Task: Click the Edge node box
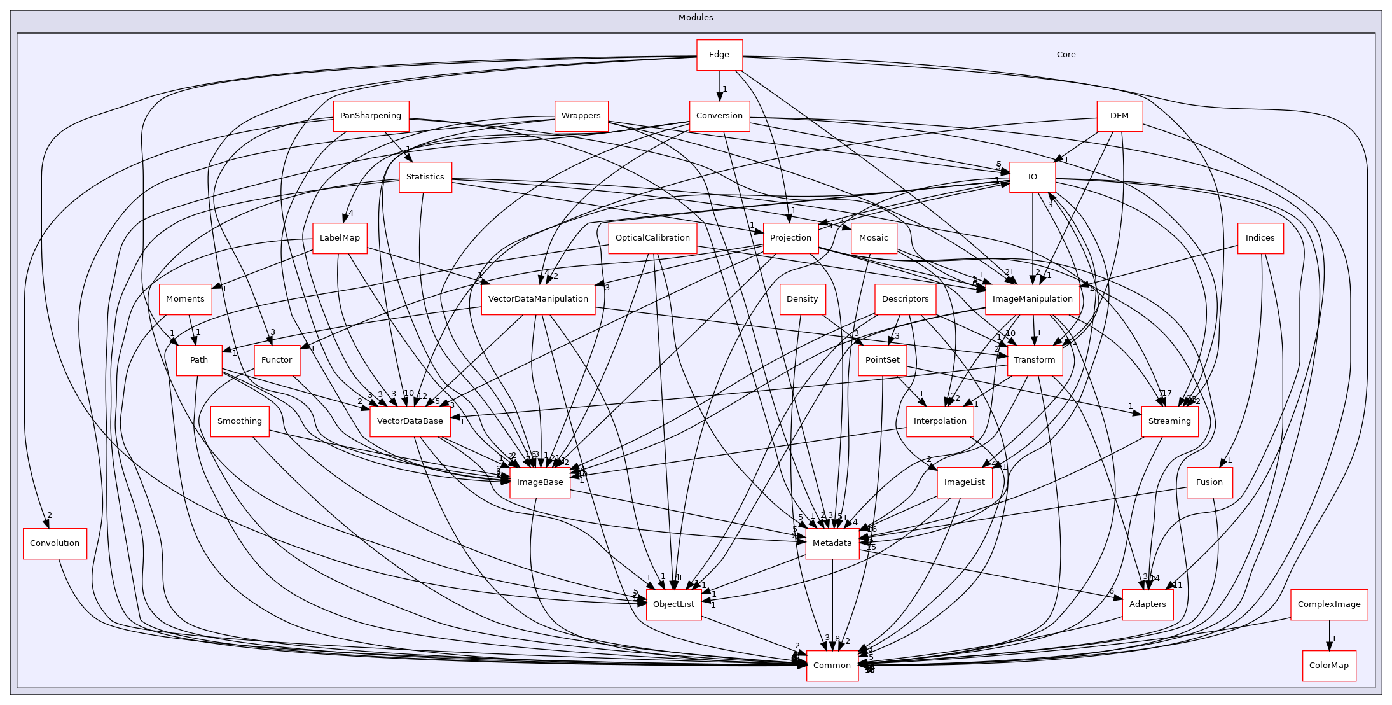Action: pyautogui.click(x=719, y=55)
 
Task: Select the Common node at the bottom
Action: pyautogui.click(x=832, y=666)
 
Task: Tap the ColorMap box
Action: pyautogui.click(x=1328, y=666)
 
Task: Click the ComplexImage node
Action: pyautogui.click(x=1328, y=604)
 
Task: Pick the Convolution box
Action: pyautogui.click(x=55, y=543)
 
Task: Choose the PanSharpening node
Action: pyautogui.click(x=371, y=116)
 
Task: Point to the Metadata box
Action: pyautogui.click(x=832, y=543)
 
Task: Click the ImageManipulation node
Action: pyautogui.click(x=1032, y=299)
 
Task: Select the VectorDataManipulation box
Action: pyautogui.click(x=538, y=299)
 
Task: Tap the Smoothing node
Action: pyautogui.click(x=240, y=421)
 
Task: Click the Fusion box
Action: pyautogui.click(x=1209, y=482)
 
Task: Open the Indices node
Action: pyautogui.click(x=1260, y=238)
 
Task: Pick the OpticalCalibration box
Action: pyautogui.click(x=652, y=238)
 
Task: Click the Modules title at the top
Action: pyautogui.click(x=696, y=18)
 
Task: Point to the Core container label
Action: pyautogui.click(x=1066, y=55)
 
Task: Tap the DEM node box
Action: pyautogui.click(x=1119, y=116)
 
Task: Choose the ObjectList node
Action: pyautogui.click(x=673, y=604)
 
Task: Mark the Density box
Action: pyautogui.click(x=802, y=299)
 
